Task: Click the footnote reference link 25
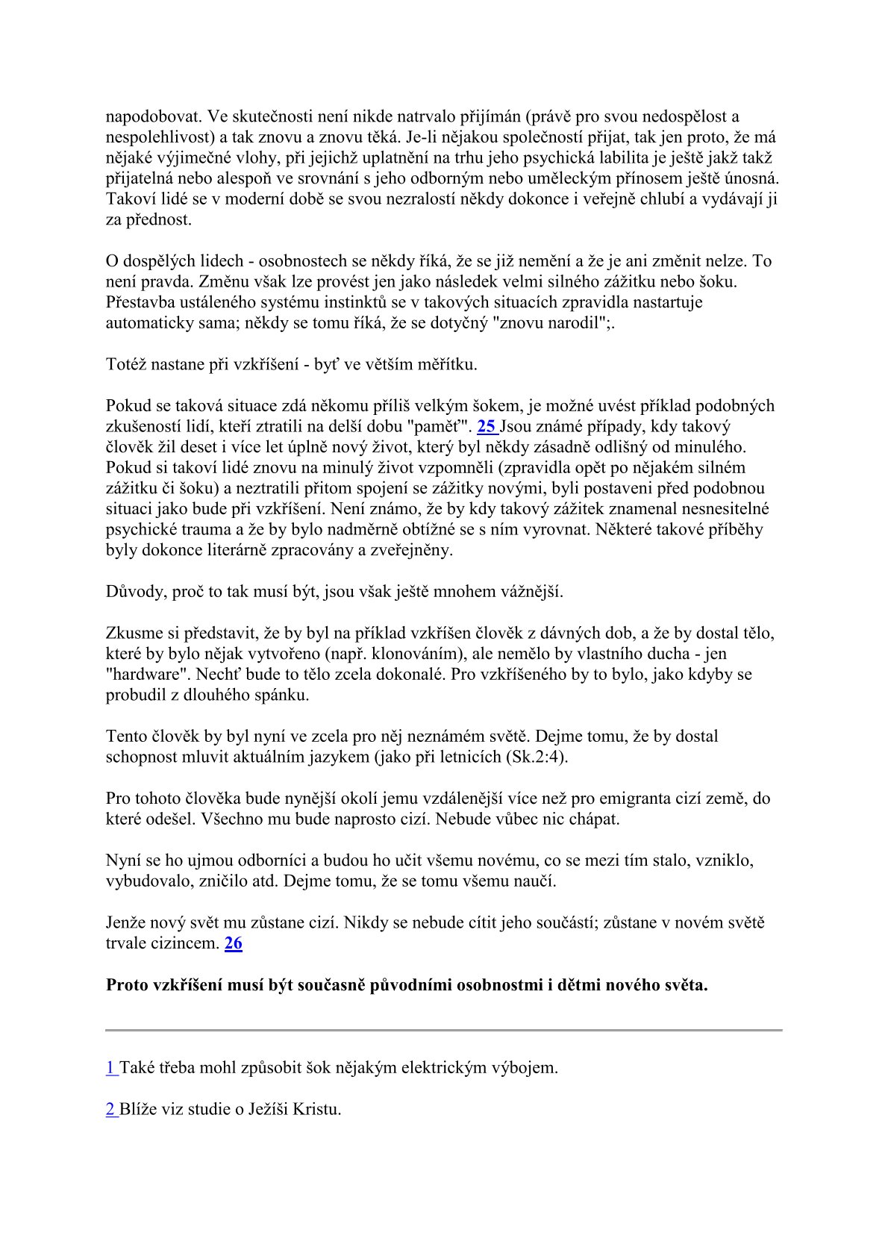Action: point(487,427)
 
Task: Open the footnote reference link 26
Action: point(234,943)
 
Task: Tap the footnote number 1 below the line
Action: point(110,1067)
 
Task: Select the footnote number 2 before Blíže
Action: point(110,1109)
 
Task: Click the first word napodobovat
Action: point(154,117)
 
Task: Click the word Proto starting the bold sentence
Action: point(127,985)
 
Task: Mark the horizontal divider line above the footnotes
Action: point(444,1031)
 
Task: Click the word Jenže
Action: point(128,922)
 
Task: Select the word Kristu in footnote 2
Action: point(316,1109)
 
